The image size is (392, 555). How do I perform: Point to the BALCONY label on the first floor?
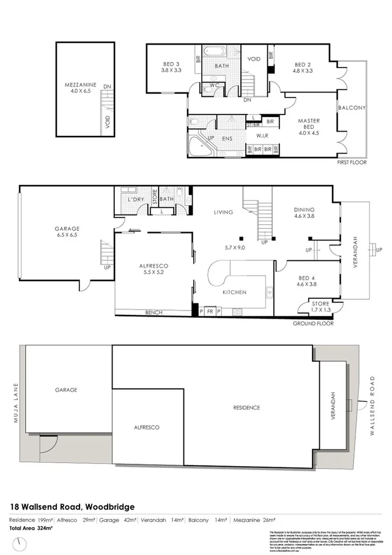pos(352,108)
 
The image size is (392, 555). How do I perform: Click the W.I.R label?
pos(264,135)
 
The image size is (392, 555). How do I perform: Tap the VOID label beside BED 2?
pos(254,59)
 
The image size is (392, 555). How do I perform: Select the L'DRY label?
pos(136,201)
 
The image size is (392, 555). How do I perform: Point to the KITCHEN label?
pos(234,292)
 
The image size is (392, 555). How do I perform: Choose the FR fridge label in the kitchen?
pos(210,312)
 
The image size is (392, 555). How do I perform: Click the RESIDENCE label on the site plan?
pos(245,407)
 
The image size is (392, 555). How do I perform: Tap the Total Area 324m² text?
pos(31,527)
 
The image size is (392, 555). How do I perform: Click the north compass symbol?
pos(22,543)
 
